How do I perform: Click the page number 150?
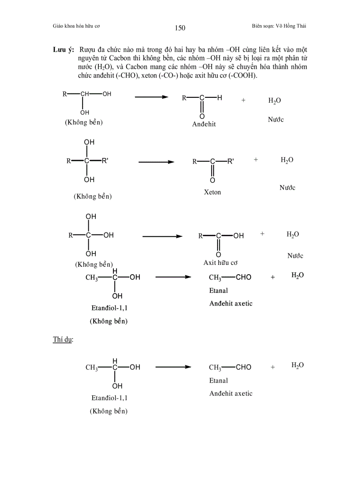180,28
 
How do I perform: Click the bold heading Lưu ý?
63,49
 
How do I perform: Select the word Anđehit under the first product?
204,124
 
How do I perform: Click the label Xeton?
212,192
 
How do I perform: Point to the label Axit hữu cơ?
221,263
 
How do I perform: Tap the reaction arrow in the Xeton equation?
158,162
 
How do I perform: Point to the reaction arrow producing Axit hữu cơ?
162,236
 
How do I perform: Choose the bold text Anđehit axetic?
231,304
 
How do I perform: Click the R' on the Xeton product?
231,161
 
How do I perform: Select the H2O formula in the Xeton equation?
287,160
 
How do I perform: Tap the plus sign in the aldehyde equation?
243,100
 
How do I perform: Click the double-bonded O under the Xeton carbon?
212,180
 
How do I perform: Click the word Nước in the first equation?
276,120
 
